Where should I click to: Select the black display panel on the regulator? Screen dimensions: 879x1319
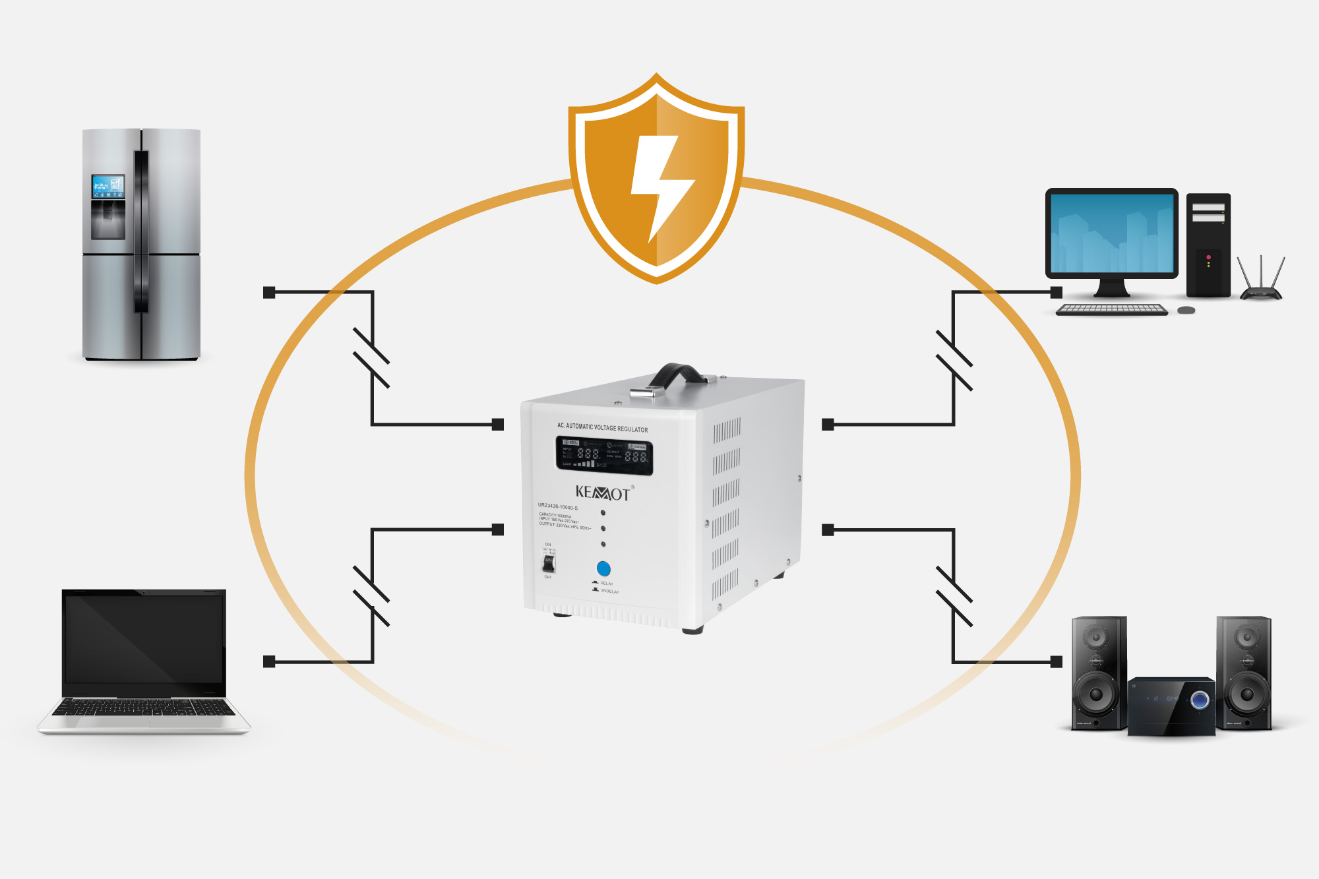tap(604, 456)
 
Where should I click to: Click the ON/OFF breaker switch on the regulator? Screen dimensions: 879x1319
tap(549, 562)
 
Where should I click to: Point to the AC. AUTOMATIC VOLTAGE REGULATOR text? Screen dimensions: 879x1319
tap(602, 427)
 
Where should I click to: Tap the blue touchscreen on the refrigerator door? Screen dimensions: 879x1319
tap(107, 187)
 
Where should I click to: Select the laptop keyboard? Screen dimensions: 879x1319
tap(144, 708)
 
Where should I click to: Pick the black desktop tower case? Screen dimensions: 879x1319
tap(1208, 245)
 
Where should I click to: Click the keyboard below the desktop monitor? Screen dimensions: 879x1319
tap(1112, 309)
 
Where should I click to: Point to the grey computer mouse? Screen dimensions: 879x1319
tap(1186, 310)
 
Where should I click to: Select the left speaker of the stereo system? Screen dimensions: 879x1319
tap(1097, 673)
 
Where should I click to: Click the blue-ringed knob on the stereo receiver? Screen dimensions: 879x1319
tap(1200, 700)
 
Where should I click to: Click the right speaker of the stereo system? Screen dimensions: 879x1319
tap(1244, 673)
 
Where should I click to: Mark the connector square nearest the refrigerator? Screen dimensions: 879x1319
tap(269, 292)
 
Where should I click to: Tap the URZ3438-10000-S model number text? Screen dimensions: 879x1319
tap(558, 507)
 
